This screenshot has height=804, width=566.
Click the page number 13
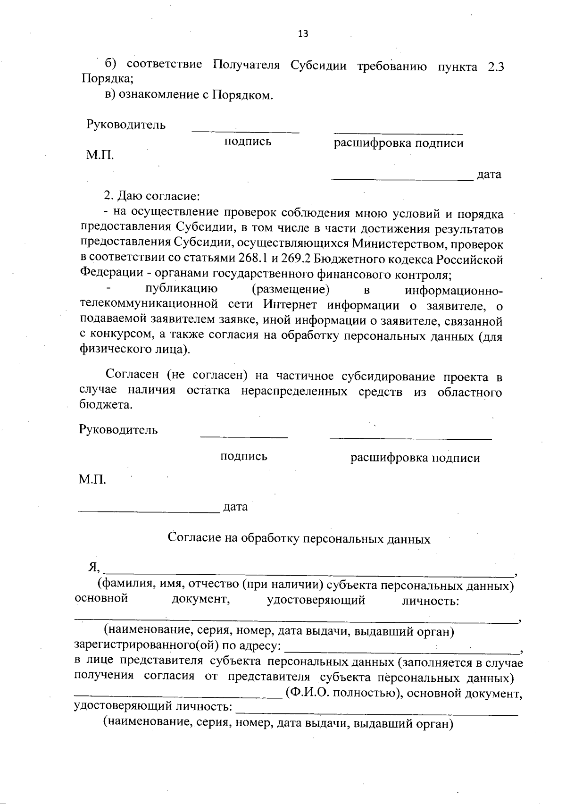[303, 33]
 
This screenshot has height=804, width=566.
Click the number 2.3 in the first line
[495, 67]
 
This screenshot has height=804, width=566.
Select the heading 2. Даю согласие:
[152, 196]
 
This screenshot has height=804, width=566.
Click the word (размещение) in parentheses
[291, 289]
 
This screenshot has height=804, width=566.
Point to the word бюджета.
[105, 405]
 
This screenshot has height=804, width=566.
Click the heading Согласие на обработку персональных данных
[300, 539]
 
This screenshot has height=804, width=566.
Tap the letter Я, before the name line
[93, 568]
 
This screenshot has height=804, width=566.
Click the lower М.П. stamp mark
[92, 480]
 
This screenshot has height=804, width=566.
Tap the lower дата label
[235, 507]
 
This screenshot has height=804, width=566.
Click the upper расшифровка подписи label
[399, 143]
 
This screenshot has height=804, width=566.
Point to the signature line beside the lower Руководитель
[244, 437]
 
